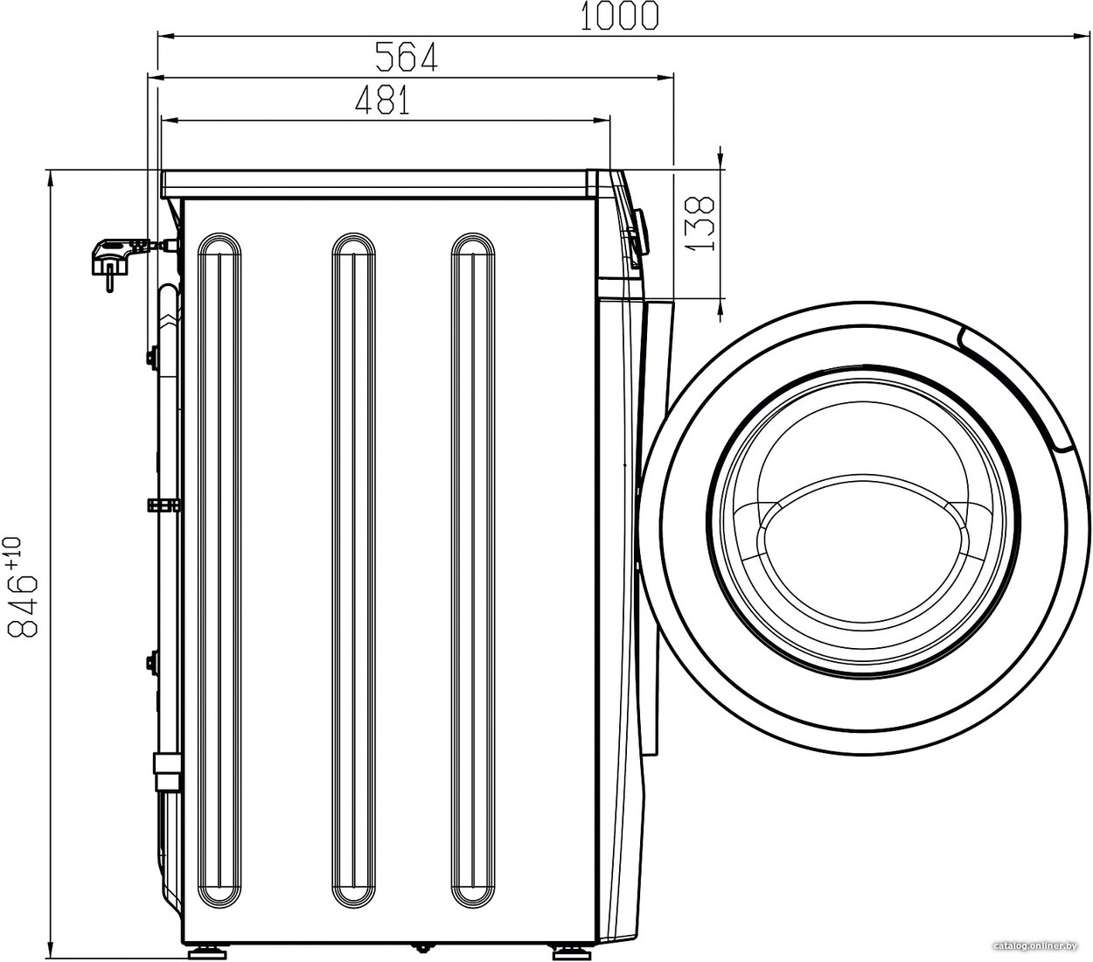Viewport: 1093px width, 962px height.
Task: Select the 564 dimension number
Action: pos(407,57)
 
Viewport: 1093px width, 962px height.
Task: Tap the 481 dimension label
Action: pos(382,100)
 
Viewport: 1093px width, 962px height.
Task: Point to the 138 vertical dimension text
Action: pos(700,223)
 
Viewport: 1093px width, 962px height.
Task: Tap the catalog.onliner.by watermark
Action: pos(1035,945)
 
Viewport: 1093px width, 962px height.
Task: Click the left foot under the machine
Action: pos(208,952)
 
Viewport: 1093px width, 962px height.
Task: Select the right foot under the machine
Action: pos(570,952)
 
